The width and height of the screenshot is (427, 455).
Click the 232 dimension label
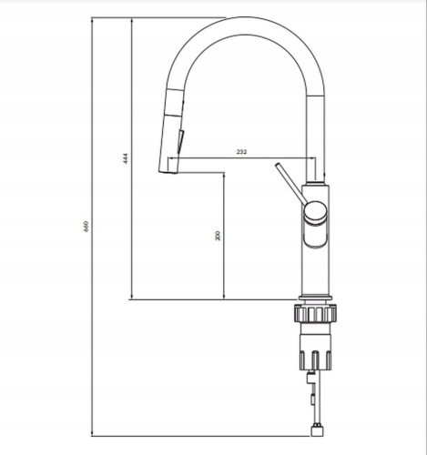pos(241,152)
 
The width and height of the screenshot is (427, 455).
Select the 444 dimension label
pos(126,158)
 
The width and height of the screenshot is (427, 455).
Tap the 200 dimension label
pos(218,236)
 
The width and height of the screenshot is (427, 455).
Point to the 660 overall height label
pos(86,227)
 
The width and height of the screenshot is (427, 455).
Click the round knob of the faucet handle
pos(316,213)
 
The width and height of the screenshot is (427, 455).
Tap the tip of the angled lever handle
pos(277,166)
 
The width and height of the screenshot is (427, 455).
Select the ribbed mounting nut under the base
pos(315,314)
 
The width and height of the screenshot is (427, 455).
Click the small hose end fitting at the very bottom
pos(318,430)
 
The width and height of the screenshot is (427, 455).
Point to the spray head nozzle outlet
pos(168,172)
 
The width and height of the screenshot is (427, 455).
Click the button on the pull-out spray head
pos(181,142)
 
